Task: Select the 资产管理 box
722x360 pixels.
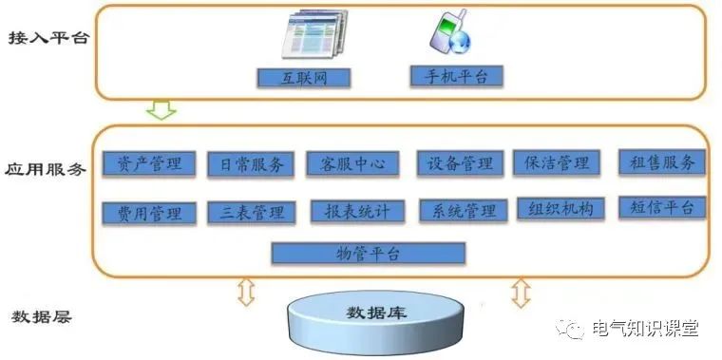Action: pos(149,163)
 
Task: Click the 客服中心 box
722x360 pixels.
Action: pos(347,163)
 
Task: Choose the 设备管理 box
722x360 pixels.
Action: pos(459,163)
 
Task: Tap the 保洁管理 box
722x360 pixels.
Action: pos(557,163)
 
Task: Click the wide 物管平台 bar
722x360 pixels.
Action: pos(369,253)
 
